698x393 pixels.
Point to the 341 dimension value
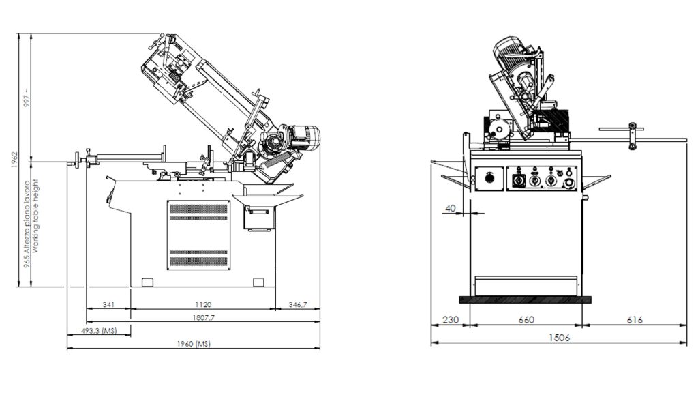[108, 304]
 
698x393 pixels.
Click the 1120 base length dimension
[202, 304]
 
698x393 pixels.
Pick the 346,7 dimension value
[297, 304]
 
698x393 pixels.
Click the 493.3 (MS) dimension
[99, 331]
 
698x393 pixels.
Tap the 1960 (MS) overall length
[194, 345]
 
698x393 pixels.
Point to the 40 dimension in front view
[450, 207]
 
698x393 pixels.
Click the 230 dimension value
[451, 319]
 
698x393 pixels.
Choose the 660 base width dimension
[526, 319]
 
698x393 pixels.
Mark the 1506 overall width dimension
[558, 338]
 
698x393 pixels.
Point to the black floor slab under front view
[525, 299]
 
